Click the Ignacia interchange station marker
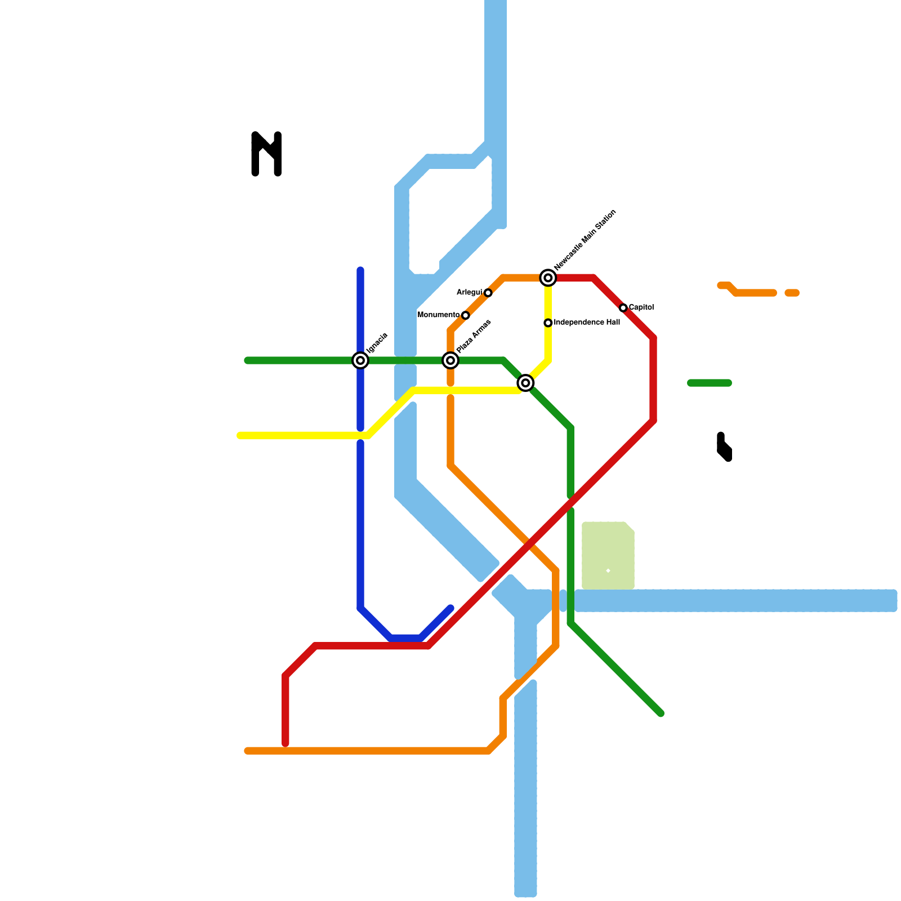(x=360, y=360)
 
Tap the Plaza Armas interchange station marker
(x=450, y=360)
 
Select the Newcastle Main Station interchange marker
(x=548, y=278)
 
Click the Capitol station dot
(x=623, y=308)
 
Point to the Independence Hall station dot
(x=548, y=323)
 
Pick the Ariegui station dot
(x=488, y=293)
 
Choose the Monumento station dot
(x=465, y=315)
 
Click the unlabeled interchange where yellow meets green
(x=525, y=383)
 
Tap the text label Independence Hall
(x=587, y=323)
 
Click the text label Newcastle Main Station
(x=585, y=240)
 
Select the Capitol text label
(x=641, y=307)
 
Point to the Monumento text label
(x=438, y=315)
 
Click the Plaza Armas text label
(x=474, y=337)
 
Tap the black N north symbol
(x=266, y=154)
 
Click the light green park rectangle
(x=608, y=556)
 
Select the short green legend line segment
(x=710, y=383)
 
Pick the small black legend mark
(x=724, y=447)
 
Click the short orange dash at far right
(x=792, y=293)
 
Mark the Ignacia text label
(x=377, y=343)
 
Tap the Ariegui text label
(x=469, y=292)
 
